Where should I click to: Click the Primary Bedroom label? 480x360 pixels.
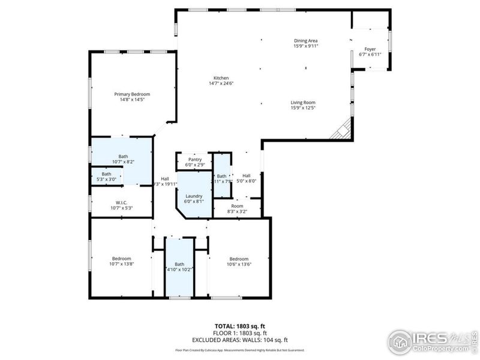pos(132,94)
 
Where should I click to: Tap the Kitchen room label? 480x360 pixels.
pos(221,78)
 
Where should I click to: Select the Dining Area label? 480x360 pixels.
pos(305,41)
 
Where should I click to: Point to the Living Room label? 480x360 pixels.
pos(303,103)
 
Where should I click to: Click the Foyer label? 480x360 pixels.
pos(370,49)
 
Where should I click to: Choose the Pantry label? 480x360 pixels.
pos(195,160)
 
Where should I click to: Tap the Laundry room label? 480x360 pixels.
pos(194,196)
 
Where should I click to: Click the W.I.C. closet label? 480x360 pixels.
pos(121,203)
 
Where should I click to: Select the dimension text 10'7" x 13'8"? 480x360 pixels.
pos(121,264)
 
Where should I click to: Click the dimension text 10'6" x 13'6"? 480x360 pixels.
pos(239,264)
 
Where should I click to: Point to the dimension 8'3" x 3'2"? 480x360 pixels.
pos(238,211)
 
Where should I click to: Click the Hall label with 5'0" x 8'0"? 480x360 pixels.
pos(246,176)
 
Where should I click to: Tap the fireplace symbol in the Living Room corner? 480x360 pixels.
pos(343,129)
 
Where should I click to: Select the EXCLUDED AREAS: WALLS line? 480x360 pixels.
pos(240,340)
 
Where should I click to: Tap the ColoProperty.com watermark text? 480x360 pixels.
pos(443,348)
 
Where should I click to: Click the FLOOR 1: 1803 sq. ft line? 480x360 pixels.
pos(240,332)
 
